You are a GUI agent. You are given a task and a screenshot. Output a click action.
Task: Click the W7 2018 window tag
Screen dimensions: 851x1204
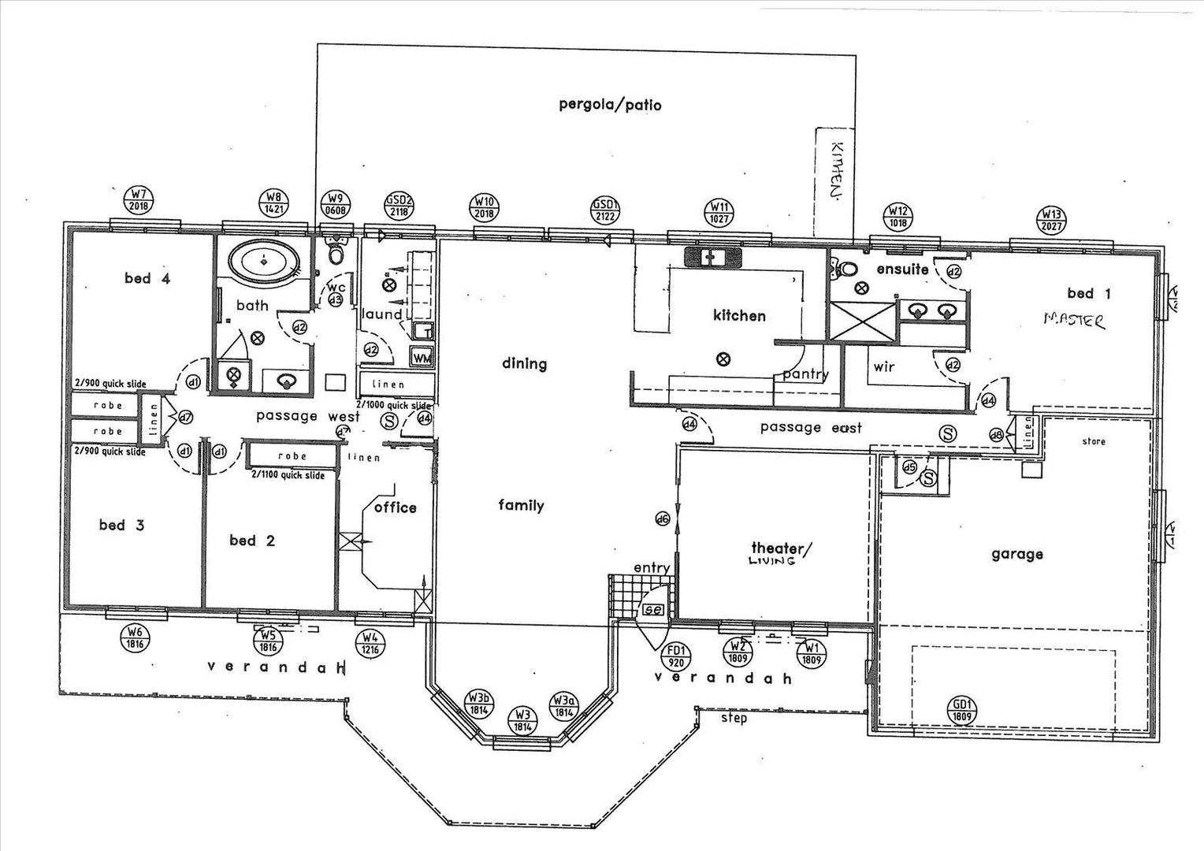[x=139, y=199]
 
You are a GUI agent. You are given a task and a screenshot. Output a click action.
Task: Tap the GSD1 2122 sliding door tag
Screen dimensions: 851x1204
[x=606, y=211]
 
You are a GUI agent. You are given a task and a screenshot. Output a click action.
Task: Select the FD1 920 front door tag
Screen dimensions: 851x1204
[x=675, y=656]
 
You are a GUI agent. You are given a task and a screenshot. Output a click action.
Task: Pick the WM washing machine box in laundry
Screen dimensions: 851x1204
[x=422, y=357]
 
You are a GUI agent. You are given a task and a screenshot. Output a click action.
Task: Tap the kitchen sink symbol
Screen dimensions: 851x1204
[x=713, y=257]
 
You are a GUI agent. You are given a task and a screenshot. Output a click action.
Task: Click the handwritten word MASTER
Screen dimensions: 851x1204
[x=1074, y=319]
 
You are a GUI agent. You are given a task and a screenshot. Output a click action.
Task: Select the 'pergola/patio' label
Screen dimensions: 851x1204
[x=610, y=105]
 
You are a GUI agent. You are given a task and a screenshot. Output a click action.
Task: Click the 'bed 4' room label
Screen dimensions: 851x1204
[x=147, y=278]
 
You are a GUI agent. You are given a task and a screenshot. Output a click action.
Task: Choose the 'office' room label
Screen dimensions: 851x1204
[x=396, y=507]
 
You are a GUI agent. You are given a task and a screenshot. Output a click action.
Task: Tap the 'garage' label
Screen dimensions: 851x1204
[x=1016, y=555]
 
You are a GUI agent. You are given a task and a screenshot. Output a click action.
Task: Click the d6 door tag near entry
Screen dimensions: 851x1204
[x=662, y=518]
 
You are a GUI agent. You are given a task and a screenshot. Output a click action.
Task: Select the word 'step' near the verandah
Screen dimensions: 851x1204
[x=734, y=719]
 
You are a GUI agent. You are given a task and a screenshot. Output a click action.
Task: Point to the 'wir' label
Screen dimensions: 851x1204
[x=884, y=367]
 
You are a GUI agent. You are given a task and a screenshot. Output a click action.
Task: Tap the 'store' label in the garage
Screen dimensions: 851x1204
[x=1094, y=442]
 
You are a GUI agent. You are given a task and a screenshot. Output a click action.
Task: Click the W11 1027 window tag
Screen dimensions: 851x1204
[x=720, y=214]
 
